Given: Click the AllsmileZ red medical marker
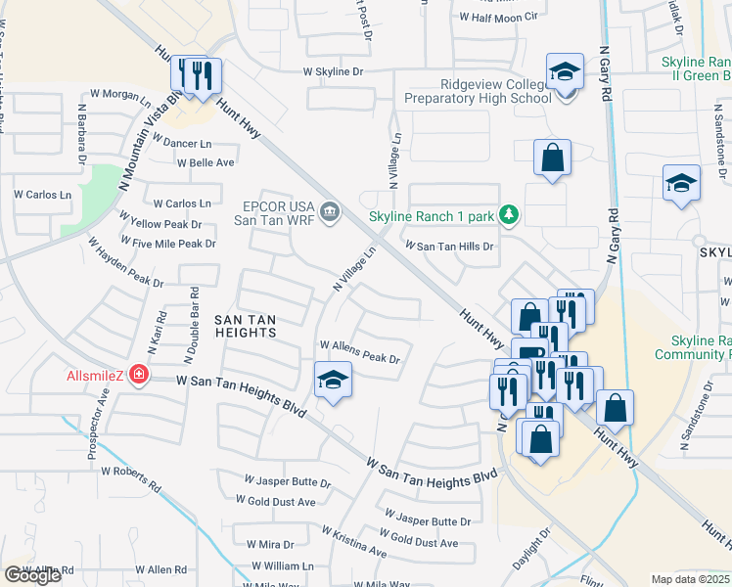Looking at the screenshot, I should (x=140, y=374).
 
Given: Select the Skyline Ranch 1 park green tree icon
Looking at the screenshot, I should (x=508, y=213).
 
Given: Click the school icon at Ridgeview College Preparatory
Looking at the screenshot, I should (x=564, y=73).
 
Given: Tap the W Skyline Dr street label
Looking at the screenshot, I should (x=333, y=71).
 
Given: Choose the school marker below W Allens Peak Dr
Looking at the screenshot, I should (x=333, y=381).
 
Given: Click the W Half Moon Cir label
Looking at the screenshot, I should (x=499, y=17).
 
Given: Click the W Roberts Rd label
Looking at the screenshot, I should (x=130, y=477).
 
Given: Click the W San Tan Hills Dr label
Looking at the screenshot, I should (x=449, y=248).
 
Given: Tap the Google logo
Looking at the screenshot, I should (x=32, y=575).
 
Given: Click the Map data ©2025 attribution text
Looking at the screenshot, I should (x=690, y=579).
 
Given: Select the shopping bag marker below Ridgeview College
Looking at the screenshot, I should (x=552, y=157).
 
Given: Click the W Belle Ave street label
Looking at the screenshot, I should (x=206, y=162).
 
